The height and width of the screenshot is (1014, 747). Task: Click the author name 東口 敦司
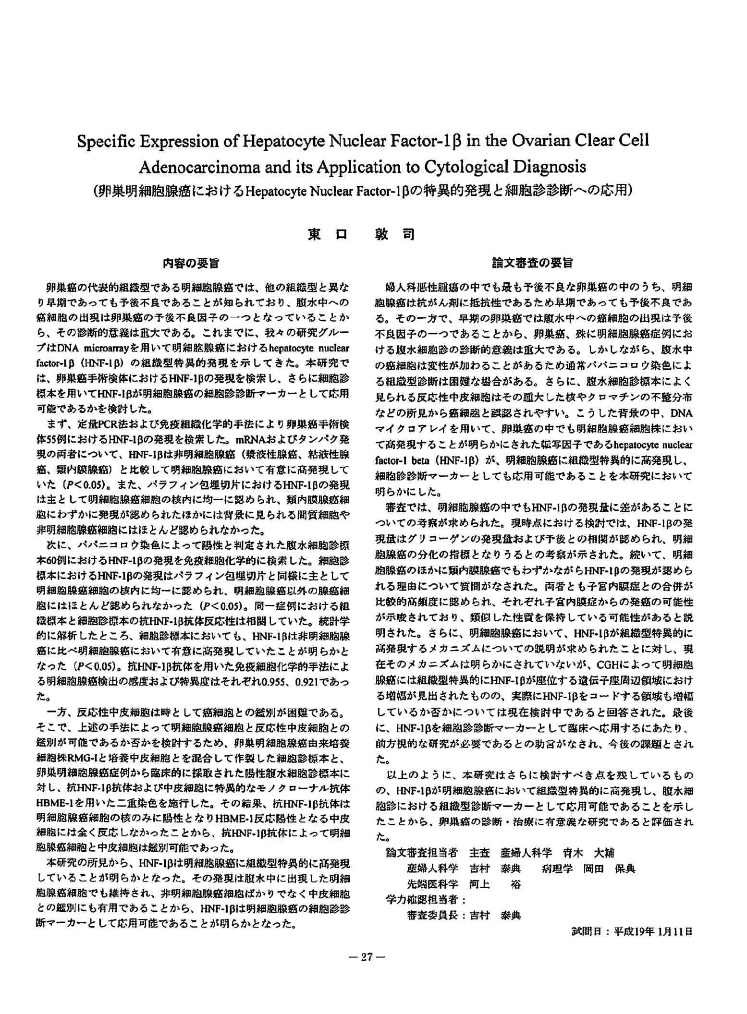point(361,235)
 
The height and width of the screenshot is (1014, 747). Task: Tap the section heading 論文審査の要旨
point(533,263)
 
